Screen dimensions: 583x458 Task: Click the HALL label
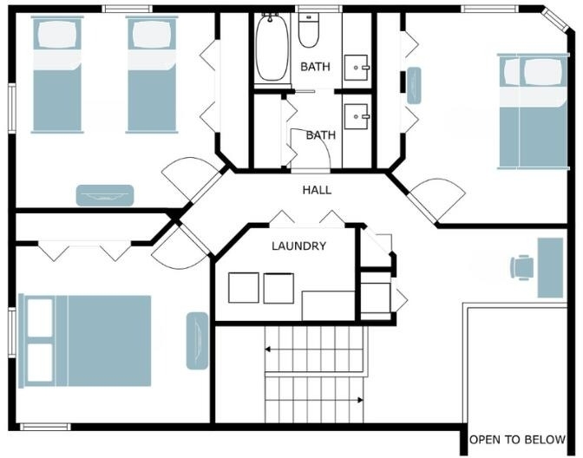(x=317, y=190)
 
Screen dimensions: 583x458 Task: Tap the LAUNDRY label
(x=299, y=245)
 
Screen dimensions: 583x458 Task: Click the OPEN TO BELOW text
(x=517, y=440)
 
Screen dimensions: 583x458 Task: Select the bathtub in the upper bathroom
(x=272, y=47)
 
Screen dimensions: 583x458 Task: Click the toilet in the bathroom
(x=309, y=30)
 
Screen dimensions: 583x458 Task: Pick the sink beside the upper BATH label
(x=357, y=68)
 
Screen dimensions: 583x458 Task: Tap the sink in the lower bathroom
(x=357, y=116)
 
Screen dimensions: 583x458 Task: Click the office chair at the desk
(x=522, y=267)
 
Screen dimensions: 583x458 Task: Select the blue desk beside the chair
(x=550, y=268)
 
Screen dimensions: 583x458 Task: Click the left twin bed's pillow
(x=57, y=34)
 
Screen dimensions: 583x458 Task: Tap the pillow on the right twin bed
(x=152, y=34)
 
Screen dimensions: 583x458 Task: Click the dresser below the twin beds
(x=105, y=195)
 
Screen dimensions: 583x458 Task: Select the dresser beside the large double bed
(x=197, y=341)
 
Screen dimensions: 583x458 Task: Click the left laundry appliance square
(x=244, y=288)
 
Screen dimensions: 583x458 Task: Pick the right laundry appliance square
(x=278, y=288)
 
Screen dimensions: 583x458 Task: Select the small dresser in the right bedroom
(x=414, y=86)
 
